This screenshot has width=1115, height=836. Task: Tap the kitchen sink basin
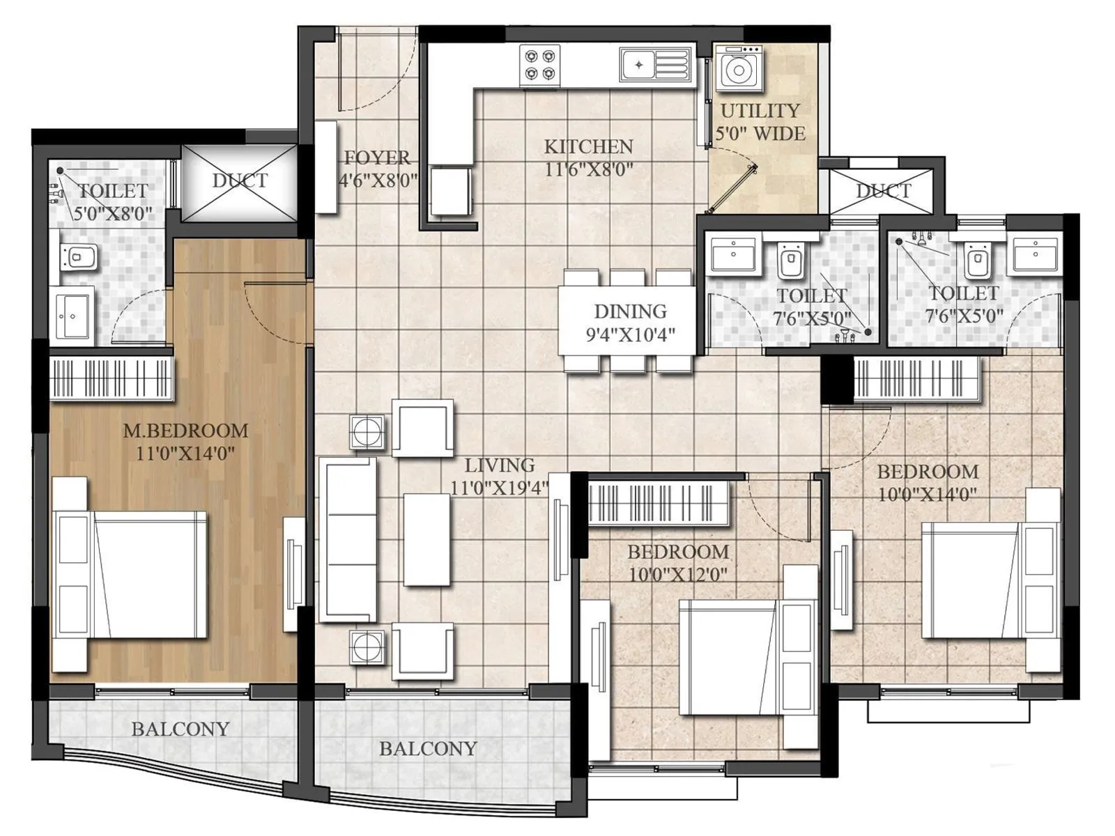coord(638,65)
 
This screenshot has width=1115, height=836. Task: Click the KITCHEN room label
coord(588,147)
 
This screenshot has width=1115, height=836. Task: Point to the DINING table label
coord(630,311)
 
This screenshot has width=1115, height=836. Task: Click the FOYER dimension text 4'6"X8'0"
coord(378,181)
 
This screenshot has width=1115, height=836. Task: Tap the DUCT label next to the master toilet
coord(240,180)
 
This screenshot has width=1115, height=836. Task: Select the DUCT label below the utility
coord(883,191)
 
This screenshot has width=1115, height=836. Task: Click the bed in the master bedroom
coord(150,574)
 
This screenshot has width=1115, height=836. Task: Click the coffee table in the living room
coord(426,539)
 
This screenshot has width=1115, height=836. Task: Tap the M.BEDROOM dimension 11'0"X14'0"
coord(185,454)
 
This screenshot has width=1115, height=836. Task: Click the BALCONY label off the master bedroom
coord(180,729)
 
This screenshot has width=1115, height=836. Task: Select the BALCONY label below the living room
coord(428,748)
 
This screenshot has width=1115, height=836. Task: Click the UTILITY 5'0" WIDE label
coord(760,122)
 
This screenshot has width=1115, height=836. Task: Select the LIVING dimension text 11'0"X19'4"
coord(499,488)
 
